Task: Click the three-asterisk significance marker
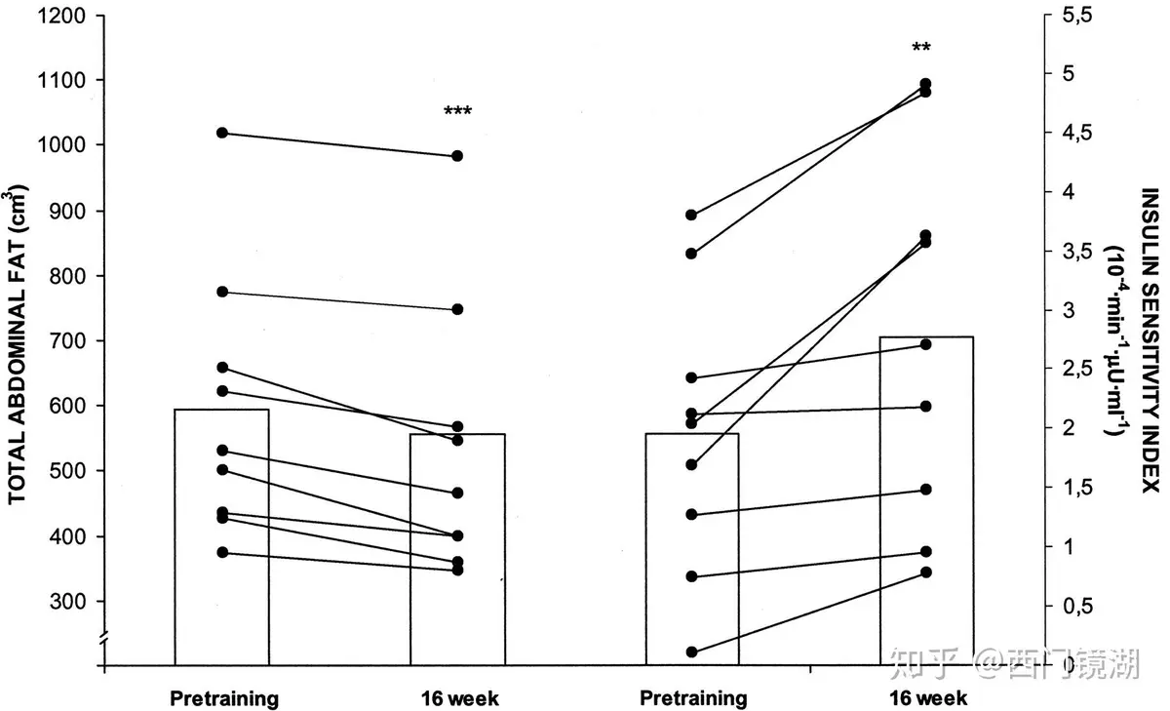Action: (x=457, y=111)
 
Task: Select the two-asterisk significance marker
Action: (x=922, y=48)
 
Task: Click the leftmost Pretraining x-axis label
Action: (x=224, y=698)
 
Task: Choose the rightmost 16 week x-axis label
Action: (x=927, y=698)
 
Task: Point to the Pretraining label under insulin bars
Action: (x=693, y=698)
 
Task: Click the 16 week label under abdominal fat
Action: (x=459, y=698)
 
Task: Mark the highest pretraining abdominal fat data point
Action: (x=222, y=133)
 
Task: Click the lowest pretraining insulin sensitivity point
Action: (x=692, y=652)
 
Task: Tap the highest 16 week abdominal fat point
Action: (x=456, y=156)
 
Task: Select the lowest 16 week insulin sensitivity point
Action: (x=925, y=573)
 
